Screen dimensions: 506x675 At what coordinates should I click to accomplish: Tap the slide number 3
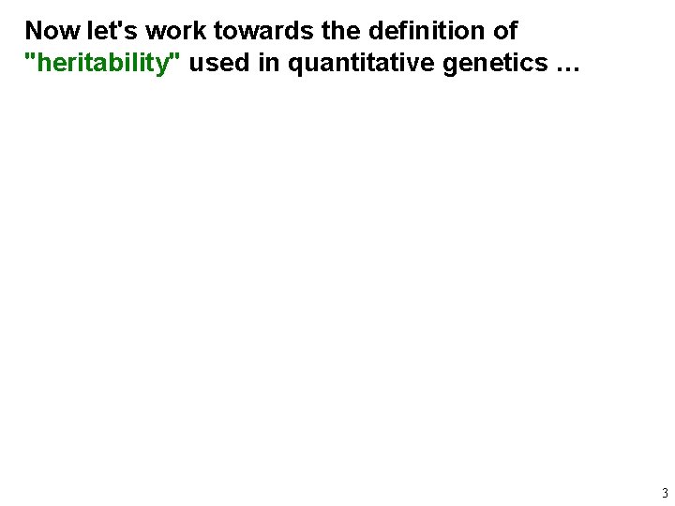coord(665,493)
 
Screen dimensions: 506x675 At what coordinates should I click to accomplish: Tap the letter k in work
coord(200,31)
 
